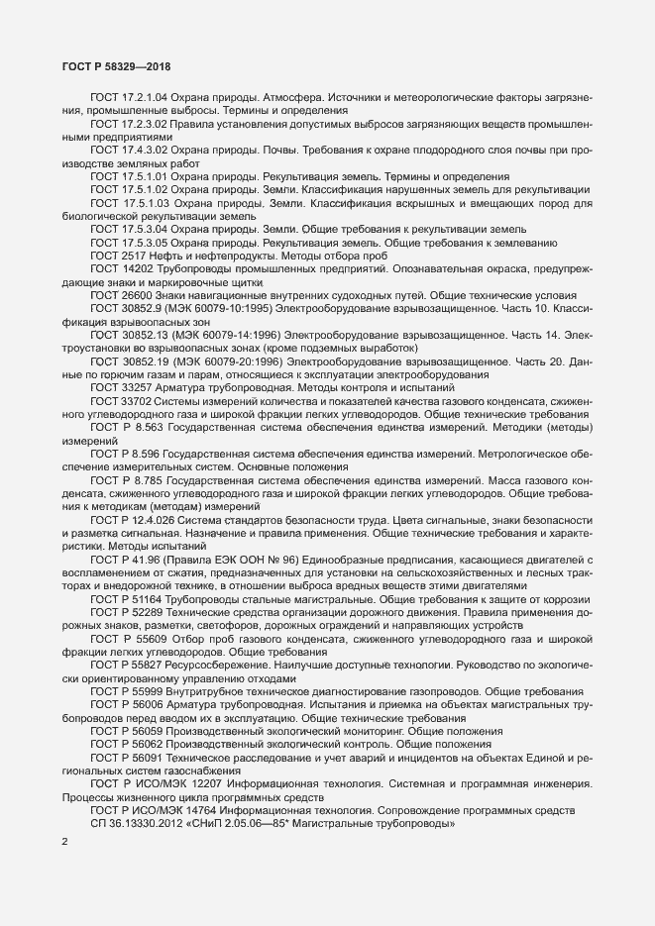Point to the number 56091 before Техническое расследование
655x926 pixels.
[x=146, y=760]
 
